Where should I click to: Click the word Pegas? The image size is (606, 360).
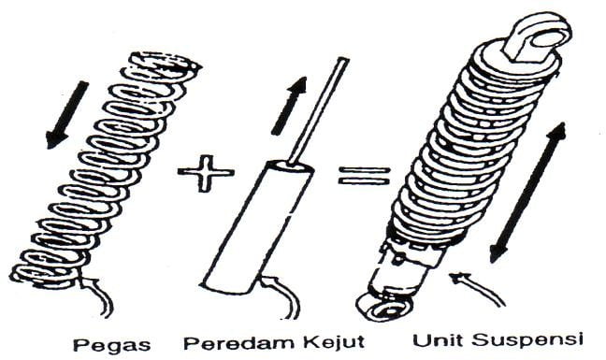pyautogui.click(x=111, y=343)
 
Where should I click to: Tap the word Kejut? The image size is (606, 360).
pyautogui.click(x=334, y=342)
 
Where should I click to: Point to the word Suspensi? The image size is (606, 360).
pyautogui.click(x=527, y=341)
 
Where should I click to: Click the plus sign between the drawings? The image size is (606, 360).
pyautogui.click(x=206, y=173)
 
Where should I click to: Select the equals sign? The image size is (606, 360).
pyautogui.click(x=363, y=176)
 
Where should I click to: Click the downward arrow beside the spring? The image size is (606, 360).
pyautogui.click(x=66, y=115)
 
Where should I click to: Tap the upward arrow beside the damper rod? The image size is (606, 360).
pyautogui.click(x=289, y=106)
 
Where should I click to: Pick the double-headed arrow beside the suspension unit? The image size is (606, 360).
pyautogui.click(x=527, y=194)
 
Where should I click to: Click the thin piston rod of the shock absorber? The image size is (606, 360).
pyautogui.click(x=319, y=110)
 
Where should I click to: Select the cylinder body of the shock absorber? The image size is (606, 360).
pyautogui.click(x=257, y=228)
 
